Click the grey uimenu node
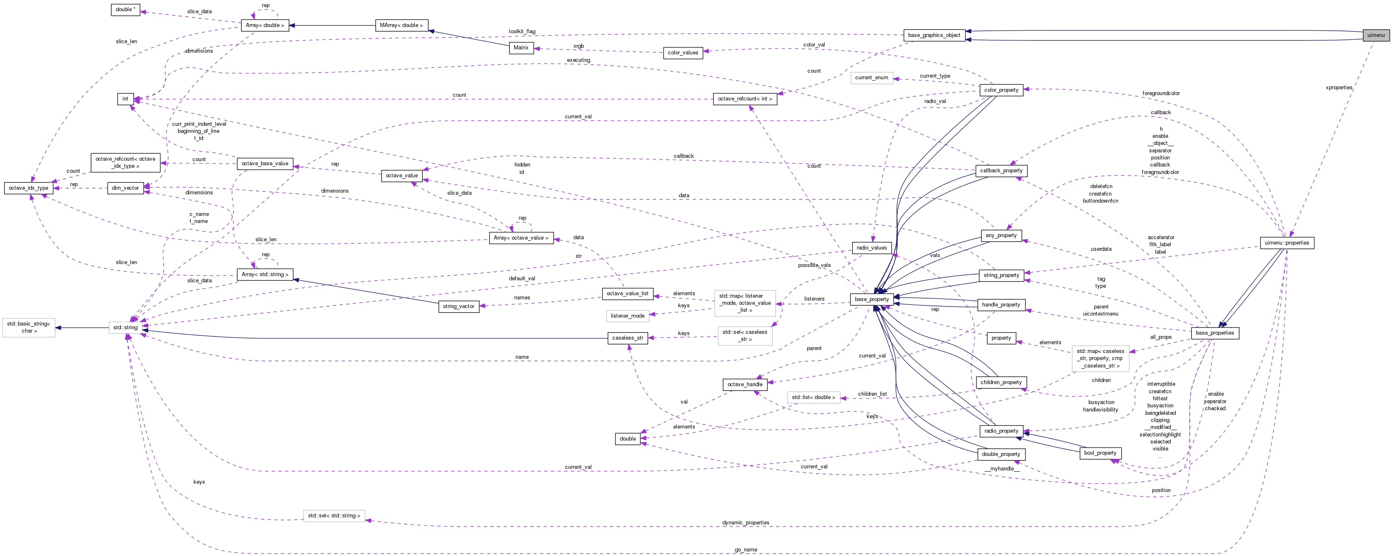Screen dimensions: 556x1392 coord(1376,35)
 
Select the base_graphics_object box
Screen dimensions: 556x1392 coord(934,35)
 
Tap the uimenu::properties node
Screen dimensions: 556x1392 coord(1287,242)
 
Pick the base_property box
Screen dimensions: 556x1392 coord(872,299)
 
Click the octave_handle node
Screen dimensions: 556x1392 coord(745,384)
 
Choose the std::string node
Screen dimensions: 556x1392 coord(125,328)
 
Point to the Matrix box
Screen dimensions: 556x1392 coord(521,48)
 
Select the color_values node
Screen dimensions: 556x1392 coord(683,52)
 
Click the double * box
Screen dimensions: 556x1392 coord(125,9)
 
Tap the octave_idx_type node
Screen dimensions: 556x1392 coord(29,188)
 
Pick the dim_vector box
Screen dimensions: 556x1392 coord(125,188)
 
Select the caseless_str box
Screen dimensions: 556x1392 coord(627,338)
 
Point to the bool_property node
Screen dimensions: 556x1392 coord(1100,453)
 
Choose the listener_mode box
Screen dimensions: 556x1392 coord(627,316)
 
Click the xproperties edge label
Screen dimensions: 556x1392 coord(1338,88)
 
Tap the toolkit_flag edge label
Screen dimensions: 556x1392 coord(522,31)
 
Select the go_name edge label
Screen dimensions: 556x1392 coord(746,549)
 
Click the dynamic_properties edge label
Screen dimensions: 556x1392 coord(746,522)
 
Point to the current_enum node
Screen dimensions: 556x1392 coord(871,77)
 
